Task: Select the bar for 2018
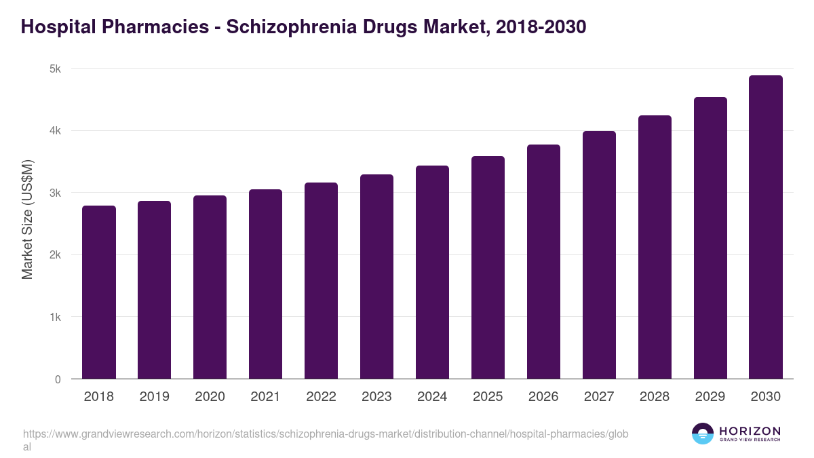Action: tap(99, 292)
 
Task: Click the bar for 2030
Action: tap(766, 227)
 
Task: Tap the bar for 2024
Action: tap(432, 272)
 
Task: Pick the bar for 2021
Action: tap(265, 284)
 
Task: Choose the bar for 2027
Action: tap(599, 255)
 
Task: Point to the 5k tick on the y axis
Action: tap(55, 69)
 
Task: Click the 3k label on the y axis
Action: tap(55, 193)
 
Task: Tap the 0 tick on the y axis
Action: tap(58, 379)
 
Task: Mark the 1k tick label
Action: tap(55, 317)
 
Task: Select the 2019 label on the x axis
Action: tap(154, 397)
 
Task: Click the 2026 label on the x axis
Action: tap(543, 397)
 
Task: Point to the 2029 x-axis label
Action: tap(710, 397)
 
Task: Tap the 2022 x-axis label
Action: tap(321, 397)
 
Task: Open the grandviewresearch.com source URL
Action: tap(326, 434)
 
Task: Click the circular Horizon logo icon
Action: tap(703, 434)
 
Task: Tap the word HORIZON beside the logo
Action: tap(750, 431)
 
